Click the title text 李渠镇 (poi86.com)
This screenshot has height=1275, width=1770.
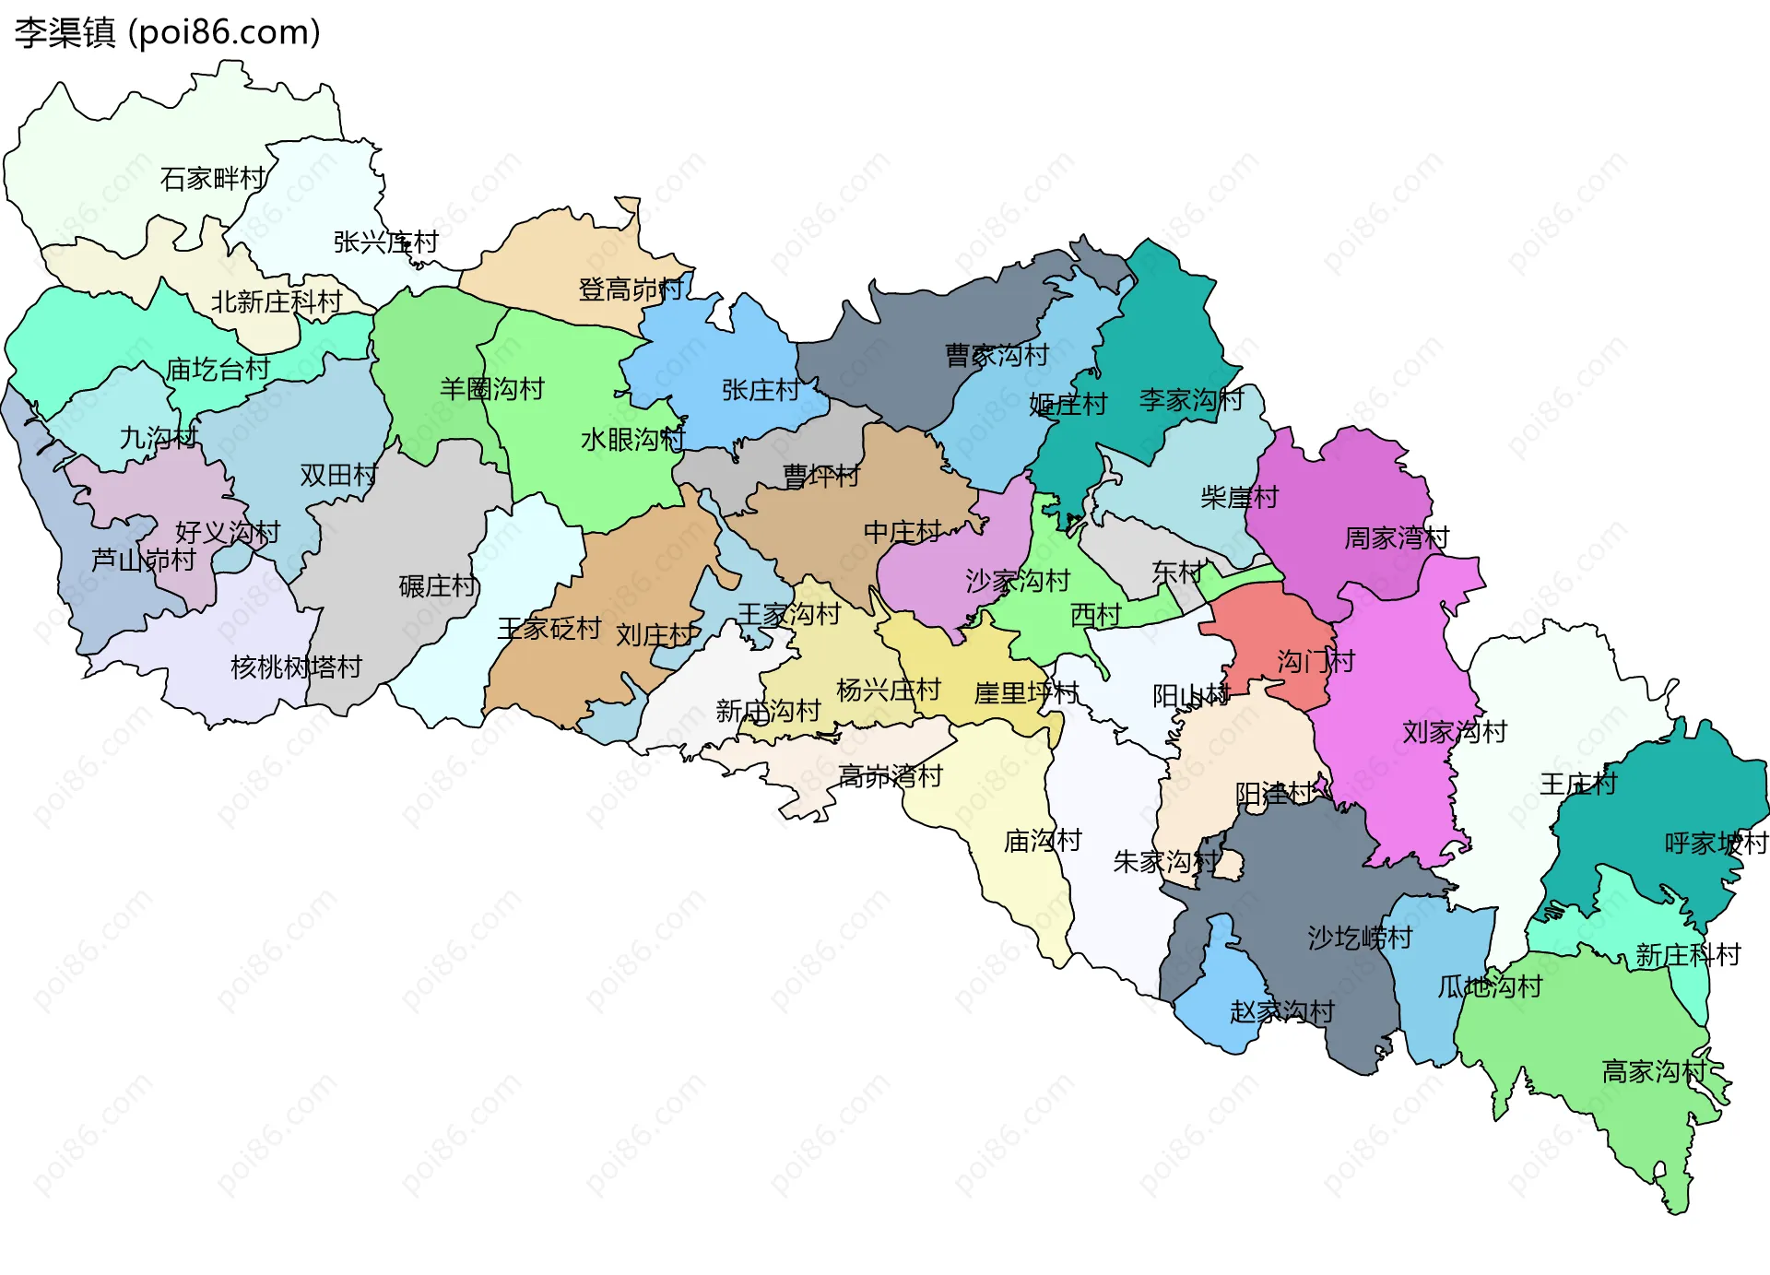[167, 32]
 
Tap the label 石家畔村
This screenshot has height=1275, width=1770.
[213, 178]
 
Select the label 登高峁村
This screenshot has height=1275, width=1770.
[631, 289]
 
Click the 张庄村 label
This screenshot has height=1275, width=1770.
[761, 390]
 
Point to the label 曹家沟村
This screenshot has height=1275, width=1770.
[997, 355]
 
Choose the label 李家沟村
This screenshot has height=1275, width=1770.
[1191, 400]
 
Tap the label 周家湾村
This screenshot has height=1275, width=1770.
[1397, 537]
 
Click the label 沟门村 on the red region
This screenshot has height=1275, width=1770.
[1316, 661]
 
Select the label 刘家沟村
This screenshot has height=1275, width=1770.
[1454, 732]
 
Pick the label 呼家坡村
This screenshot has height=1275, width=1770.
[1716, 843]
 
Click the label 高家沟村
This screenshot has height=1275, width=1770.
[1655, 1071]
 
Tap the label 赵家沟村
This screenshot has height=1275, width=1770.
[1281, 1011]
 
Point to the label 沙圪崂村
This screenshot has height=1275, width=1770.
[1360, 938]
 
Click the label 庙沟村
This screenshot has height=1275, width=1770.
[1043, 840]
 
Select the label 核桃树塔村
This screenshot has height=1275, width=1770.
[296, 667]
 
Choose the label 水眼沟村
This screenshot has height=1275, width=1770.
[632, 440]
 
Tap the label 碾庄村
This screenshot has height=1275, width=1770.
[438, 585]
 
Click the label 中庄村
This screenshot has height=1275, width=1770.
[903, 532]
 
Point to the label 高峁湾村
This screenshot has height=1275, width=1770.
[891, 776]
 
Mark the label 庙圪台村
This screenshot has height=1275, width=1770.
[218, 370]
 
